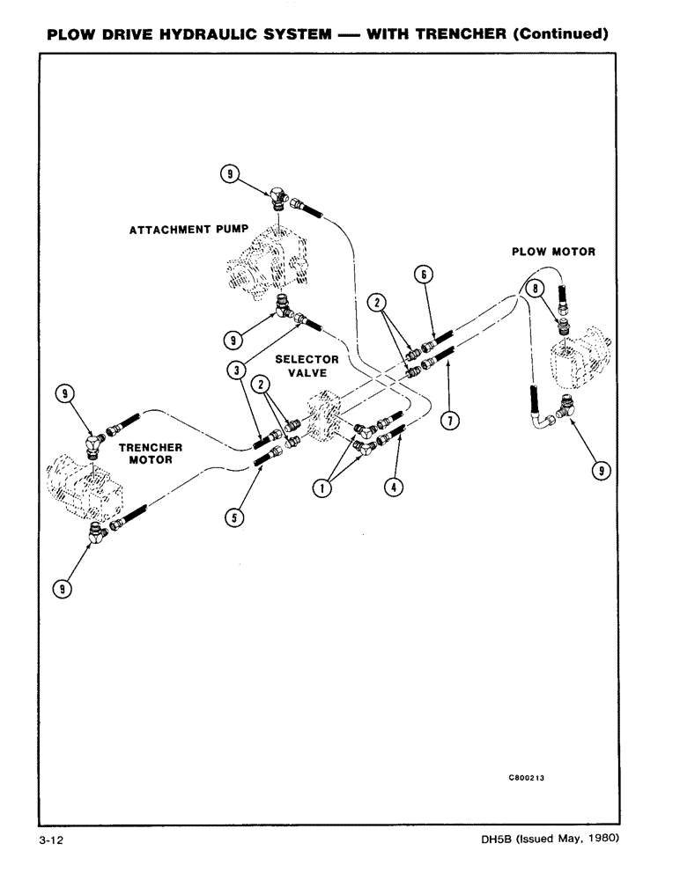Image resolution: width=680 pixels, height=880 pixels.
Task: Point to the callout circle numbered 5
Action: pos(233,518)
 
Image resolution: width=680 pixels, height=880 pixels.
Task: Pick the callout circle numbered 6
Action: pos(424,275)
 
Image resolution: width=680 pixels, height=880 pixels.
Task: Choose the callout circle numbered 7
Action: pos(448,421)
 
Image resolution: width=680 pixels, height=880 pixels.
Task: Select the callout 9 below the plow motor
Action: pos(602,473)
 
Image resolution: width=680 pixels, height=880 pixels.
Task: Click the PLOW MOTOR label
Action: pos(553,252)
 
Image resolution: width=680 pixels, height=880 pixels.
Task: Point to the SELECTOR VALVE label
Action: pos(307,366)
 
